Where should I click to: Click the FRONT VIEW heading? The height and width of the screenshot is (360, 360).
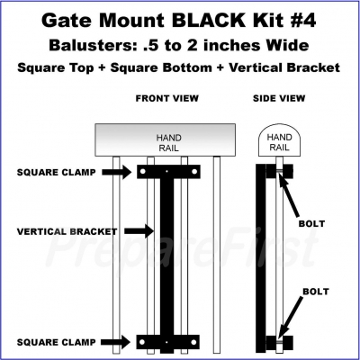pos(167,98)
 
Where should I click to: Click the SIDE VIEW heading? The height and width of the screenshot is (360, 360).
pos(279,98)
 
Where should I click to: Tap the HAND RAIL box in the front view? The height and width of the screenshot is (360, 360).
pos(166,140)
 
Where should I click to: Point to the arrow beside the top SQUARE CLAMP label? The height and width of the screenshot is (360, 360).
pos(117,172)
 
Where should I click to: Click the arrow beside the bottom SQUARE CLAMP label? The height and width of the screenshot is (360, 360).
pos(115,342)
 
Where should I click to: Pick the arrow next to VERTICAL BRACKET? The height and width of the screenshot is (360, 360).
pos(139,231)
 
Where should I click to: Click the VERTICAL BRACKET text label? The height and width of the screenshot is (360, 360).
pos(67,231)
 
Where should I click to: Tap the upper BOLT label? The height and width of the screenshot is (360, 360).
pos(311,224)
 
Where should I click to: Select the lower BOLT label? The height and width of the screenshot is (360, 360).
pos(316,292)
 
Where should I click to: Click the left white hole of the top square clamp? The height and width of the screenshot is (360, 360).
pos(143,172)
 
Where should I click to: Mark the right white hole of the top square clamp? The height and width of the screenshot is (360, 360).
pos(194,172)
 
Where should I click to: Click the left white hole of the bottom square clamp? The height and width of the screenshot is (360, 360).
pos(142,342)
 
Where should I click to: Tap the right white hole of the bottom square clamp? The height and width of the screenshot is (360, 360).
pos(193,342)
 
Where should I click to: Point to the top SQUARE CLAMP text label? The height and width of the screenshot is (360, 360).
pos(57,173)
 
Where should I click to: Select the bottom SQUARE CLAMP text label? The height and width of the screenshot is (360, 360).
pos(57,342)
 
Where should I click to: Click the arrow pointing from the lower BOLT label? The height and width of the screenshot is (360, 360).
pos(291,317)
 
